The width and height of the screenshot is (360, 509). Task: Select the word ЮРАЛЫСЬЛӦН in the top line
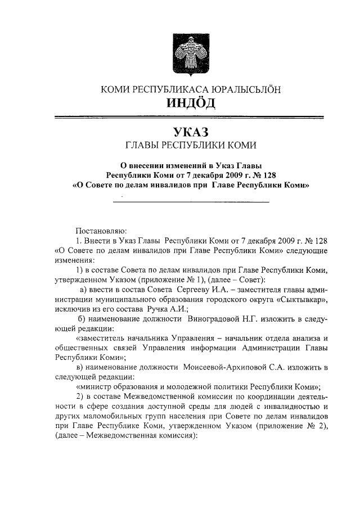pos(245,89)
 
